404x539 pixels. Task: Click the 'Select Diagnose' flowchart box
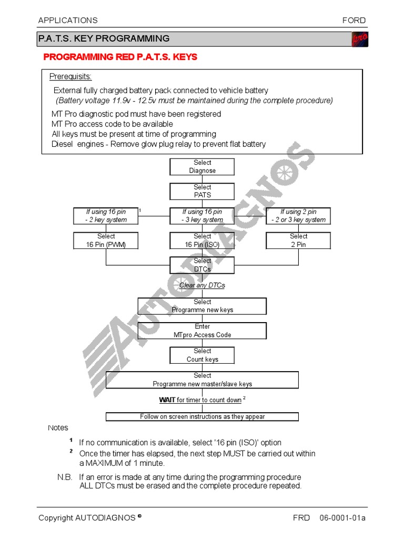coord(202,167)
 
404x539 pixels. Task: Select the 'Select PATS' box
coord(202,191)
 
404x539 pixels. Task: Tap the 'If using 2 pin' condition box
coord(298,216)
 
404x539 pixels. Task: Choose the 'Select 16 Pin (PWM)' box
coord(106,241)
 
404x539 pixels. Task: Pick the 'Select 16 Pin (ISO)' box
coord(202,241)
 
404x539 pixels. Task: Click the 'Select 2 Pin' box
coord(298,241)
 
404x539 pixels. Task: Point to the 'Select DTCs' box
coord(202,265)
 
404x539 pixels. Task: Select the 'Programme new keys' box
coord(202,306)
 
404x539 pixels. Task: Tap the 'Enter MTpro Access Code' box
coord(202,331)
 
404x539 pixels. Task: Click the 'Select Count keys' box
coord(202,355)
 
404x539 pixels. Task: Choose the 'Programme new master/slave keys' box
coord(202,380)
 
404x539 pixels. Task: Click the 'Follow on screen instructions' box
coord(202,417)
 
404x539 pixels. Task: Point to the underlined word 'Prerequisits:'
coord(70,77)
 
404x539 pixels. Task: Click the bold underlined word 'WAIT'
coord(167,400)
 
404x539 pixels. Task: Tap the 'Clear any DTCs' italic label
coord(202,285)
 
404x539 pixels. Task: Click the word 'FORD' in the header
coord(354,21)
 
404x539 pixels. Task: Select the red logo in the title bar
coord(359,39)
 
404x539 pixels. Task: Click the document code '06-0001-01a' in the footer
coord(342,518)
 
